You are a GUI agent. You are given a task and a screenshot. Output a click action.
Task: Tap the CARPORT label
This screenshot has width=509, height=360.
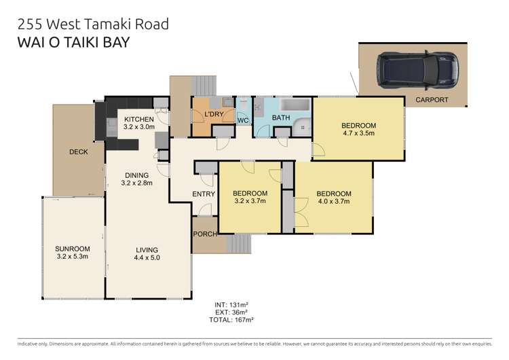pos(431,100)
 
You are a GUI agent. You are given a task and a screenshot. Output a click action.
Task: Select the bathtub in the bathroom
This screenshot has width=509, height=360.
pos(293,106)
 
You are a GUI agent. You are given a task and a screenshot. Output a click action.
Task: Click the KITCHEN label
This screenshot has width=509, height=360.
pos(138,119)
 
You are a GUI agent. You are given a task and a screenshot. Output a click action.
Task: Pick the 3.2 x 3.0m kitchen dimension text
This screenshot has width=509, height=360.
pos(138,127)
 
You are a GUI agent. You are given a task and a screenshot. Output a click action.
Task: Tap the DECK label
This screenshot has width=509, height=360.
pos(79,151)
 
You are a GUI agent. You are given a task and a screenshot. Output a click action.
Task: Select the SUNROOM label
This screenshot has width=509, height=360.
pos(72,249)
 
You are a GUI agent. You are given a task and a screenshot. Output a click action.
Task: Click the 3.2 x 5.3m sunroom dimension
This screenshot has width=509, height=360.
pos(72,257)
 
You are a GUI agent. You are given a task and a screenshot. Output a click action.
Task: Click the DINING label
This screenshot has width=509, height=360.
pos(136,174)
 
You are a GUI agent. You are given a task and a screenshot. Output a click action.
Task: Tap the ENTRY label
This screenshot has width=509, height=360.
pos(203,194)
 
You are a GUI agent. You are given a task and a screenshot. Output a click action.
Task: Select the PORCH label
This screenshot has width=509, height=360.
pos(205,235)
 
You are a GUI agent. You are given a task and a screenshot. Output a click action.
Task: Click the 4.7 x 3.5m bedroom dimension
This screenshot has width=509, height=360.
pos(358,134)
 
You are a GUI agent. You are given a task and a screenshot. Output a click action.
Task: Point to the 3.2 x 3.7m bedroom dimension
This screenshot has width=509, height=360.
pos(249,201)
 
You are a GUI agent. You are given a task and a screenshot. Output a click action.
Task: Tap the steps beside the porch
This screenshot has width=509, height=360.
pos(238,242)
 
